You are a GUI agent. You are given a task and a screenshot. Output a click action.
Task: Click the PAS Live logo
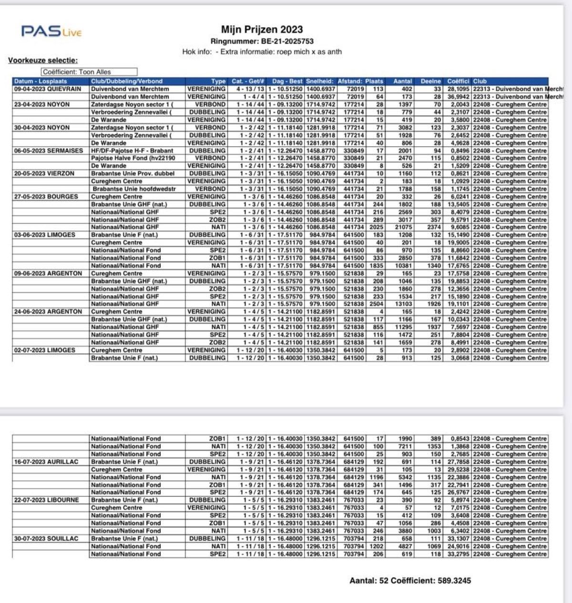pos(51,32)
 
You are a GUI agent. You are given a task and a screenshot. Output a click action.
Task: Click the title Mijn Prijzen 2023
pos(262,30)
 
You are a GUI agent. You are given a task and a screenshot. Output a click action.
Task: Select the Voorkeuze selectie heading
pos(43,60)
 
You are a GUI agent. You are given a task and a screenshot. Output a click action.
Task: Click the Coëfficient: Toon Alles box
pos(89,72)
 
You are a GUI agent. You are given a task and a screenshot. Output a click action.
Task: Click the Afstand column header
pos(350,81)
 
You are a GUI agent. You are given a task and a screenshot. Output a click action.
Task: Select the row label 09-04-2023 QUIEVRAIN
pos(48,89)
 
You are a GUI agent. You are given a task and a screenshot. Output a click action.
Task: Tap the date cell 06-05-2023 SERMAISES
pos(49,151)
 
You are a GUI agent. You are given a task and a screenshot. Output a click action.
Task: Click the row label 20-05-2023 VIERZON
pos(44,173)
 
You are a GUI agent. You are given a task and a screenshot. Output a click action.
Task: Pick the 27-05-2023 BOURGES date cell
pos(46,196)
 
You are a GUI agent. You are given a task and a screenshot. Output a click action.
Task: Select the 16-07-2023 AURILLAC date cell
pos(46,462)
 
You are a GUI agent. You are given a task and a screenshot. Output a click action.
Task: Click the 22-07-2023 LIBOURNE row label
pos(47,500)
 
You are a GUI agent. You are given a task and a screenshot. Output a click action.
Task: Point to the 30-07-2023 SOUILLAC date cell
pos(46,538)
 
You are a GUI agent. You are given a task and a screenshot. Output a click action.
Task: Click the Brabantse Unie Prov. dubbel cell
pos(133,173)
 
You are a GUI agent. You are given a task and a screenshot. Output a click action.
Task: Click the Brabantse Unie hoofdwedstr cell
pos(134,189)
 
